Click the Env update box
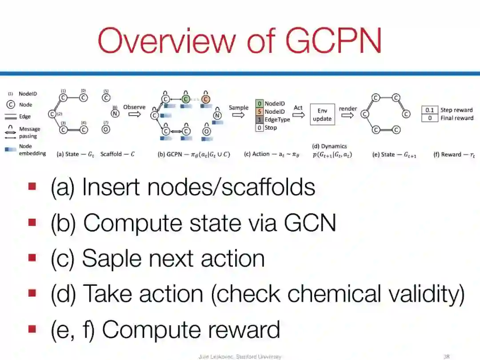pyautogui.click(x=322, y=115)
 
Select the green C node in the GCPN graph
pyautogui.click(x=186, y=98)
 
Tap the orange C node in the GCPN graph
pyautogui.click(x=206, y=98)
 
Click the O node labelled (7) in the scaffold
pyautogui.click(x=106, y=129)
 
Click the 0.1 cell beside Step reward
pyautogui.click(x=429, y=110)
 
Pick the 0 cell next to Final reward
pyautogui.click(x=429, y=118)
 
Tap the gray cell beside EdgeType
pyautogui.click(x=260, y=120)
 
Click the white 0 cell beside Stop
pyautogui.click(x=260, y=128)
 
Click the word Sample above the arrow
pyautogui.click(x=239, y=108)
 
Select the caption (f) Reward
pyautogui.click(x=453, y=155)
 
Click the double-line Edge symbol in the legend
pyautogui.click(x=9, y=116)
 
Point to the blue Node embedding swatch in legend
pyautogui.click(x=10, y=150)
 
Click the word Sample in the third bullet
pyautogui.click(x=111, y=258)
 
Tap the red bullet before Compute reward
pyautogui.click(x=32, y=329)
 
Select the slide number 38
pyautogui.click(x=447, y=356)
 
